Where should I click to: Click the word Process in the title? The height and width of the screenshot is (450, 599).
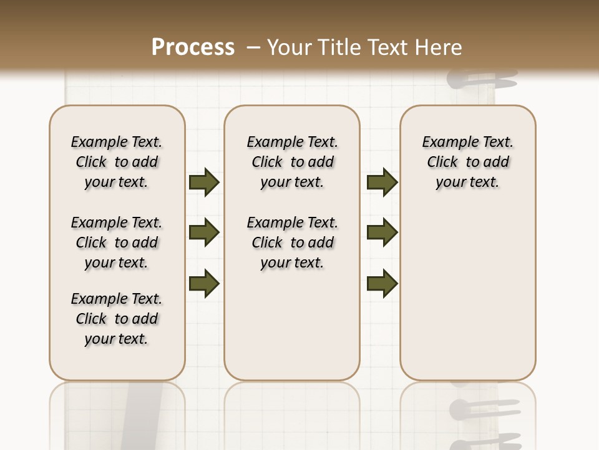pyautogui.click(x=193, y=47)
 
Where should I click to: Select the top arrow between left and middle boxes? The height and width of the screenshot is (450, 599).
pyautogui.click(x=204, y=182)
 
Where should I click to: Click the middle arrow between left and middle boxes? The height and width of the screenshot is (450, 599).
pyautogui.click(x=204, y=233)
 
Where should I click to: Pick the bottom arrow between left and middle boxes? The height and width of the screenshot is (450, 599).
pyautogui.click(x=204, y=283)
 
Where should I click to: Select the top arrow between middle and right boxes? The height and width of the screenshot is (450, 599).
pyautogui.click(x=382, y=182)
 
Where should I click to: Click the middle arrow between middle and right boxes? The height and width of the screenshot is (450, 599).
pyautogui.click(x=382, y=233)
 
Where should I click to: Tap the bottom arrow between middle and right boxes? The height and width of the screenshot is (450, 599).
pyautogui.click(x=382, y=283)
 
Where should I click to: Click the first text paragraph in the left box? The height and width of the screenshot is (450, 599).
pyautogui.click(x=117, y=162)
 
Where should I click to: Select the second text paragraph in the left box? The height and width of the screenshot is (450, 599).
pyautogui.click(x=117, y=242)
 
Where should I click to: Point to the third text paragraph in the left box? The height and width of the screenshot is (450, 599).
pyautogui.click(x=117, y=319)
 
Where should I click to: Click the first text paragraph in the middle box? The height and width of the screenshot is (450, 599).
pyautogui.click(x=293, y=162)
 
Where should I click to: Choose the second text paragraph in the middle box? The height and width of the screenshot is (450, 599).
pyautogui.click(x=293, y=242)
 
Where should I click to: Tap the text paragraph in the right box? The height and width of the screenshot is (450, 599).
pyautogui.click(x=468, y=162)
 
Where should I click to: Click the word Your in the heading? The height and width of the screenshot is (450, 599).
pyautogui.click(x=290, y=47)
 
